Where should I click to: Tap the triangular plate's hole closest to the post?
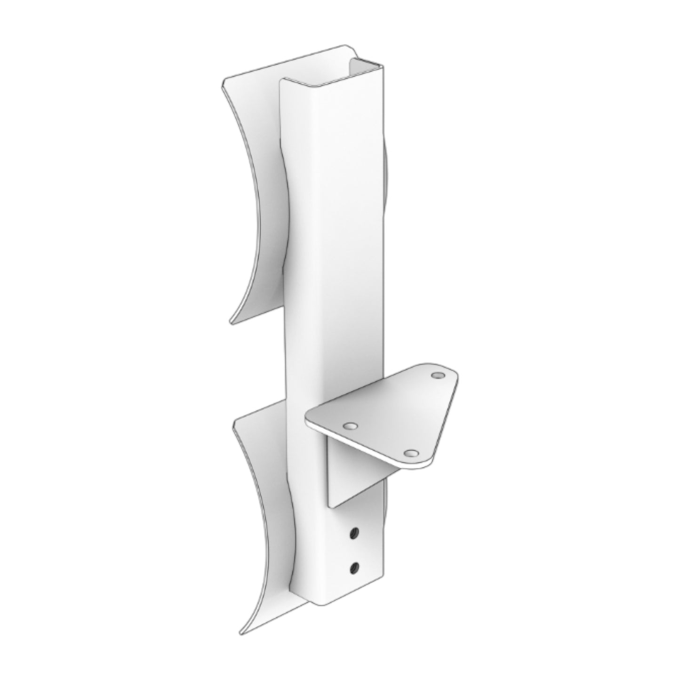point(349,425)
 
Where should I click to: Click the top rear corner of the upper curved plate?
point(346,47)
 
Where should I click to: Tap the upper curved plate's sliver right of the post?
point(387,179)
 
